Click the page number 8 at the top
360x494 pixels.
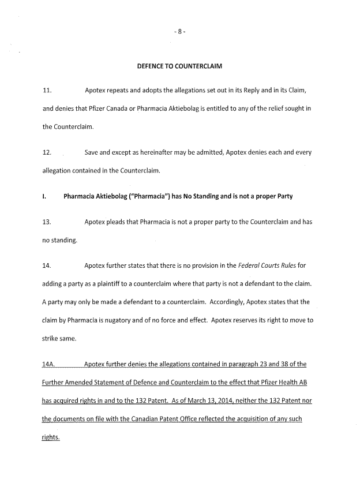(x=180, y=32)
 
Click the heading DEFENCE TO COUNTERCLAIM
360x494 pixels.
(x=179, y=66)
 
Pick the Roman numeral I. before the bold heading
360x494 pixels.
(x=44, y=196)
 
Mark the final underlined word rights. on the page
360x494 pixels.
(x=51, y=437)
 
